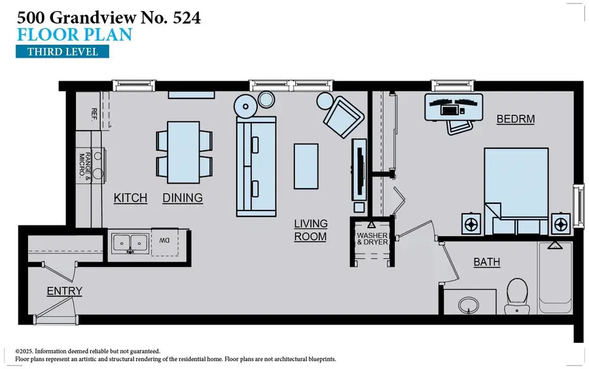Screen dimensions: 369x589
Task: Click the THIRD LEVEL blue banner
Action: (62, 51)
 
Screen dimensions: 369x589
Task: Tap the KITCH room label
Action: (130, 197)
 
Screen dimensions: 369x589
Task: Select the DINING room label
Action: (183, 197)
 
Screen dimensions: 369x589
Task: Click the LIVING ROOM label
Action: (310, 230)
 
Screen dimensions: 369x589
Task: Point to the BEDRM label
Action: (516, 119)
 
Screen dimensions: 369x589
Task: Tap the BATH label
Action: (487, 262)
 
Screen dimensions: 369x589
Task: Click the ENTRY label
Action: (64, 291)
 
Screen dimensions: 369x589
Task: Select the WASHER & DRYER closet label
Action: (372, 238)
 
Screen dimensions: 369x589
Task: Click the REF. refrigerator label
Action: (94, 115)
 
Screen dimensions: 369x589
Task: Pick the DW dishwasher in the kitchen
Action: (164, 241)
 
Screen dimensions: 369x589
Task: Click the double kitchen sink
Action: (130, 243)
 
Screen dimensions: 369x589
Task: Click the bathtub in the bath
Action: (556, 282)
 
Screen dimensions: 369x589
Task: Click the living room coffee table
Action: (306, 165)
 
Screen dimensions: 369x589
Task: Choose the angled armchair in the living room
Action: (342, 117)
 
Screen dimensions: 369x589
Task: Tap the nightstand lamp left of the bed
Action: (471, 223)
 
